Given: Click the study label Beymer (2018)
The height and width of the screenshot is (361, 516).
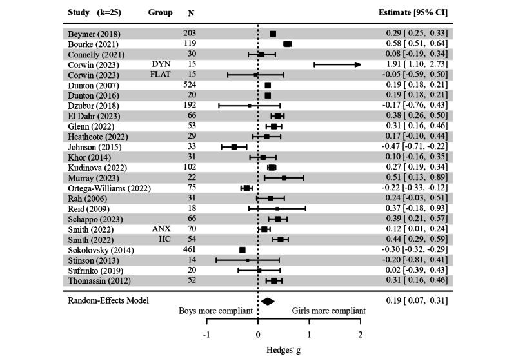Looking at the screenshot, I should point(90,34).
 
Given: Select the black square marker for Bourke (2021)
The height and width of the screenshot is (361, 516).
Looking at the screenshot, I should point(288,44).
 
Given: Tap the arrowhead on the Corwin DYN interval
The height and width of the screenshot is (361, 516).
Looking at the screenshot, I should point(357,64).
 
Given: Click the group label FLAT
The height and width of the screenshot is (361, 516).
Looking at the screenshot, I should point(161,75).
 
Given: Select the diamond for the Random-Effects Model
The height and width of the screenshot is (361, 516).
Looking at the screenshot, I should point(268,300).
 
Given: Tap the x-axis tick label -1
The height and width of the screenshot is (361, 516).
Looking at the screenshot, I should point(206,335).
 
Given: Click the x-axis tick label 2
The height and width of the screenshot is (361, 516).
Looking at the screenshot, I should point(361,335).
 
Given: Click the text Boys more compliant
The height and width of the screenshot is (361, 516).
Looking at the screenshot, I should point(215,311).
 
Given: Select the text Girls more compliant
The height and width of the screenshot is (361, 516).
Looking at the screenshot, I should point(329,311).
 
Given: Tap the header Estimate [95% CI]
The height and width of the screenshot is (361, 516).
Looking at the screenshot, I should point(414,12).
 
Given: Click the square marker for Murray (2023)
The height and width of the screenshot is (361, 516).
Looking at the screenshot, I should point(284,177).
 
